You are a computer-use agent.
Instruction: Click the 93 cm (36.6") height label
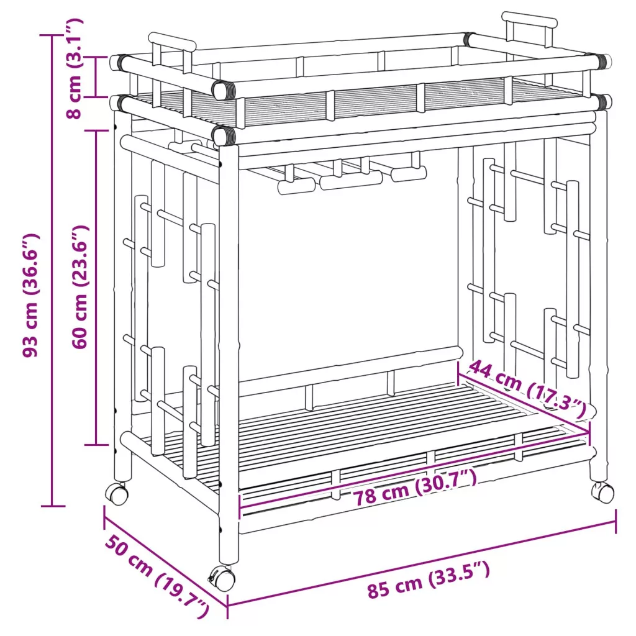tap(30, 295)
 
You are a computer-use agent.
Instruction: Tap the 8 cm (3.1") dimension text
tap(74, 68)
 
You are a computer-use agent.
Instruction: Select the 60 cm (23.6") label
tap(80, 287)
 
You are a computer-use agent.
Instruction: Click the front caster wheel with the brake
tap(222, 578)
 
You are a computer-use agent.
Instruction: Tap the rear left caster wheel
tap(117, 493)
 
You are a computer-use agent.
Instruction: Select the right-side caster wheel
tap(602, 492)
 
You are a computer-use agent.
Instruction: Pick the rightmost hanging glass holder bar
tap(409, 173)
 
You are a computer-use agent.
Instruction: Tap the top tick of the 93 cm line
tap(52, 35)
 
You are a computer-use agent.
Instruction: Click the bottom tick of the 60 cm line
tap(96, 445)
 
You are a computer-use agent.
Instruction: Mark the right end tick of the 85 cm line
tap(616, 521)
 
